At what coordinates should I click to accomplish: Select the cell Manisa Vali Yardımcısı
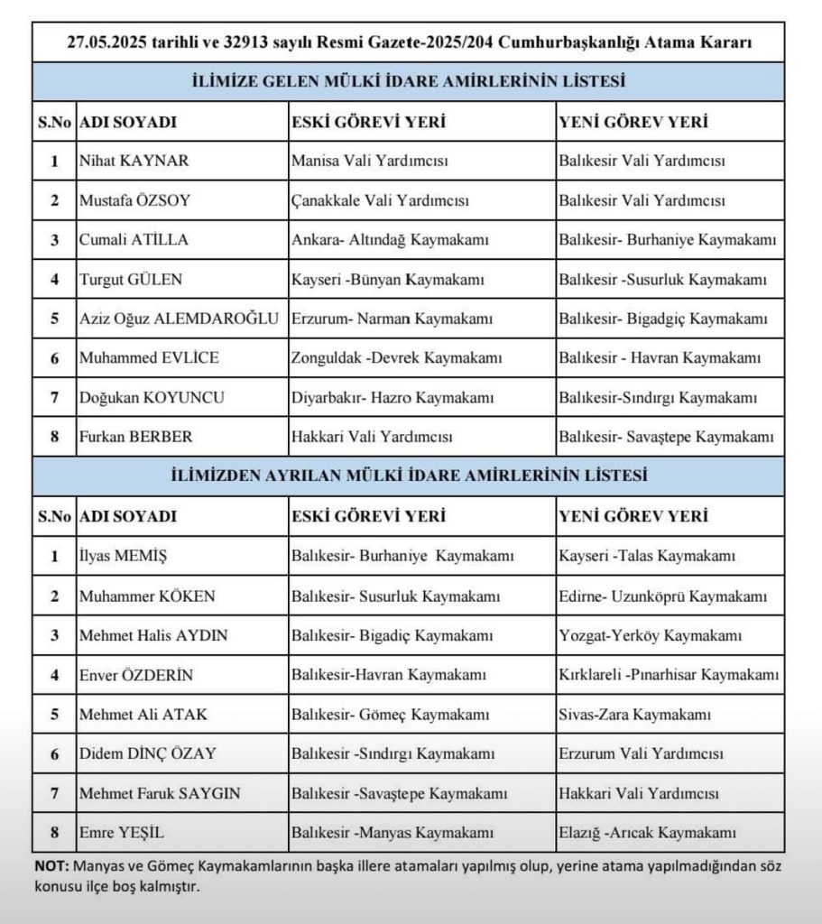click(x=370, y=162)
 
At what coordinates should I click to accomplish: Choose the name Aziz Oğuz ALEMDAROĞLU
click(x=180, y=319)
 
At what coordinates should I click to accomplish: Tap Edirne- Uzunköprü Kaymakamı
click(x=663, y=596)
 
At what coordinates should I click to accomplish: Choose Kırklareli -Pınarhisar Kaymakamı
click(x=669, y=675)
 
